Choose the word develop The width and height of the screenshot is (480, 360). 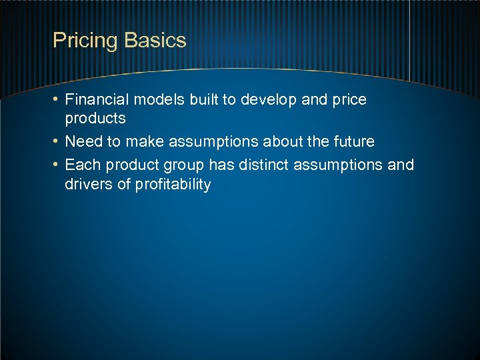point(269,100)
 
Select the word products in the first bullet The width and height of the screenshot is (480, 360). point(95,119)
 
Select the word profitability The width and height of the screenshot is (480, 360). point(173,185)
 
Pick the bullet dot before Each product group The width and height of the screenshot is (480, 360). point(57,165)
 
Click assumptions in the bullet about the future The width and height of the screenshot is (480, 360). point(227,142)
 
